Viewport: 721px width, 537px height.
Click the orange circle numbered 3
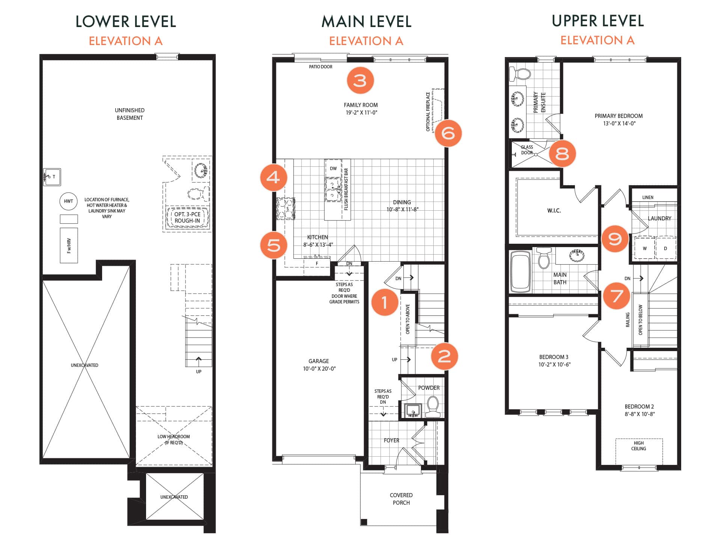[x=360, y=80]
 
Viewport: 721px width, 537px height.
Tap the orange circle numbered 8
[x=562, y=154]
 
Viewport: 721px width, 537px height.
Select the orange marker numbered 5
[x=274, y=245]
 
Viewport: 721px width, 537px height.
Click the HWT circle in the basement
[x=68, y=201]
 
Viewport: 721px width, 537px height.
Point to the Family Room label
[x=361, y=105]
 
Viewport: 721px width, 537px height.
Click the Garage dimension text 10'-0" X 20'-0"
[x=319, y=369]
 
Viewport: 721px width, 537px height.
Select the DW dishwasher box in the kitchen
[x=333, y=168]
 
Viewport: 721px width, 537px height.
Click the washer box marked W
[x=644, y=248]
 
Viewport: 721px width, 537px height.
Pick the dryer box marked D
[x=665, y=248]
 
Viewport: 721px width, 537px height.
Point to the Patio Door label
[x=321, y=67]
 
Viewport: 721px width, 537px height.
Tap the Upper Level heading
[x=598, y=21]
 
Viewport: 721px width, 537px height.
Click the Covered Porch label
[x=401, y=499]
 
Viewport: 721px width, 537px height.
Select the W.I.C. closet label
[x=554, y=211]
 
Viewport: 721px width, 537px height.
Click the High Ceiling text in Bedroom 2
[x=638, y=446]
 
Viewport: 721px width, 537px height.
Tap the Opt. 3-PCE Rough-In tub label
[x=187, y=217]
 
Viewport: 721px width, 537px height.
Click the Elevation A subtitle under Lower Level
[x=126, y=41]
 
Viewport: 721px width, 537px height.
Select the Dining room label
[x=402, y=202]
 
